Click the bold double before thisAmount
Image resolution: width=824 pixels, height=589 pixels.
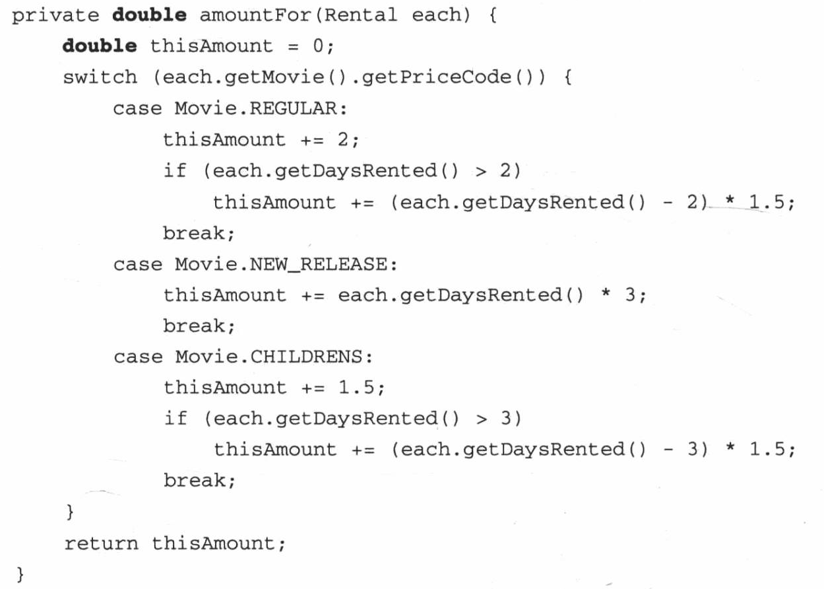(100, 46)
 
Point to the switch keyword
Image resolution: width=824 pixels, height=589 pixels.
(100, 77)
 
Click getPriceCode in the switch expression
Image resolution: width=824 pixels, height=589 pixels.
(437, 78)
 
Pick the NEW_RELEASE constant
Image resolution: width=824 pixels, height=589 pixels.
(319, 265)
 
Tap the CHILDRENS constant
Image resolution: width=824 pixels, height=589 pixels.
(306, 357)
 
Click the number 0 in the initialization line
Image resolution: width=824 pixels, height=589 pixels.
(318, 46)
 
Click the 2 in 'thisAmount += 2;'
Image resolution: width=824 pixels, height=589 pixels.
(343, 139)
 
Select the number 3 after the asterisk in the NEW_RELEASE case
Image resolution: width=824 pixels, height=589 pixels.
(630, 294)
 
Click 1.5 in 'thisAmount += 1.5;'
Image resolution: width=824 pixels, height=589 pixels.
(356, 387)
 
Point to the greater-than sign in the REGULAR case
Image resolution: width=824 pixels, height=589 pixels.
(481, 172)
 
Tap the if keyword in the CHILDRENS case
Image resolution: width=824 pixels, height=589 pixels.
(175, 418)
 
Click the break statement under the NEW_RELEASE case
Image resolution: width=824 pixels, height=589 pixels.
(199, 326)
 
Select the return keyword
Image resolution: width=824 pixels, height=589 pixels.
(102, 543)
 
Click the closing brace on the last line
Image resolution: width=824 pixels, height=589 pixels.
(20, 574)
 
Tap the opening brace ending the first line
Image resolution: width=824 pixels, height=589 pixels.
(493, 16)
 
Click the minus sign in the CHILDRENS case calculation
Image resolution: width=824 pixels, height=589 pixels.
(668, 450)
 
